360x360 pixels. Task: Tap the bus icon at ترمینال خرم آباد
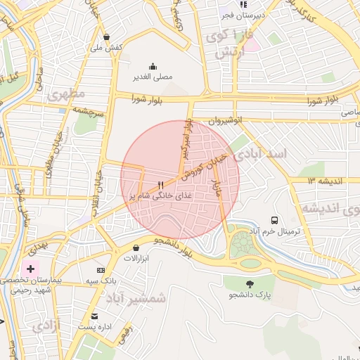tap(274, 219)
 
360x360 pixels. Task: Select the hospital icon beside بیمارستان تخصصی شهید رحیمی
tap(31, 269)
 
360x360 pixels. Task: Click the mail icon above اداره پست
tap(95, 316)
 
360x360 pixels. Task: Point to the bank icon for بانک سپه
tap(101, 270)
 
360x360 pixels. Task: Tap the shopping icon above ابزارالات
tap(136, 247)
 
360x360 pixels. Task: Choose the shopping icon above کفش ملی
tap(106, 37)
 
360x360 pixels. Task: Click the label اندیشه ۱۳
tap(324, 181)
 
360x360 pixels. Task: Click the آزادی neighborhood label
tap(46, 325)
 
